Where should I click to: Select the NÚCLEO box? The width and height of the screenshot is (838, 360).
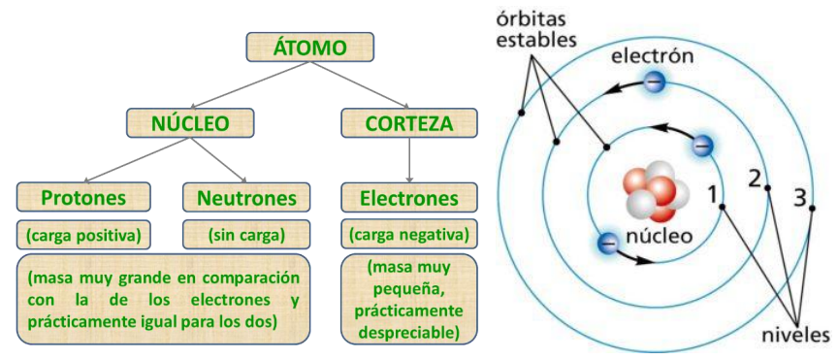point(190,122)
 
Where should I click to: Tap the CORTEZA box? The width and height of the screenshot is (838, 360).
point(410,122)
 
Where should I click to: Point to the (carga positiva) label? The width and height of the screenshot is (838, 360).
point(85,234)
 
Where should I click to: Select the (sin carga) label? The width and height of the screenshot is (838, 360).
point(246,234)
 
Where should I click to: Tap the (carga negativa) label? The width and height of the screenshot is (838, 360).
point(408,234)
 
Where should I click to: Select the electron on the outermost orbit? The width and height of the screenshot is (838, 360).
point(656,82)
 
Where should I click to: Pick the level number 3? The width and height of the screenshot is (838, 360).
point(800,199)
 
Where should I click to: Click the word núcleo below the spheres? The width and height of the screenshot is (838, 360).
point(659,235)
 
